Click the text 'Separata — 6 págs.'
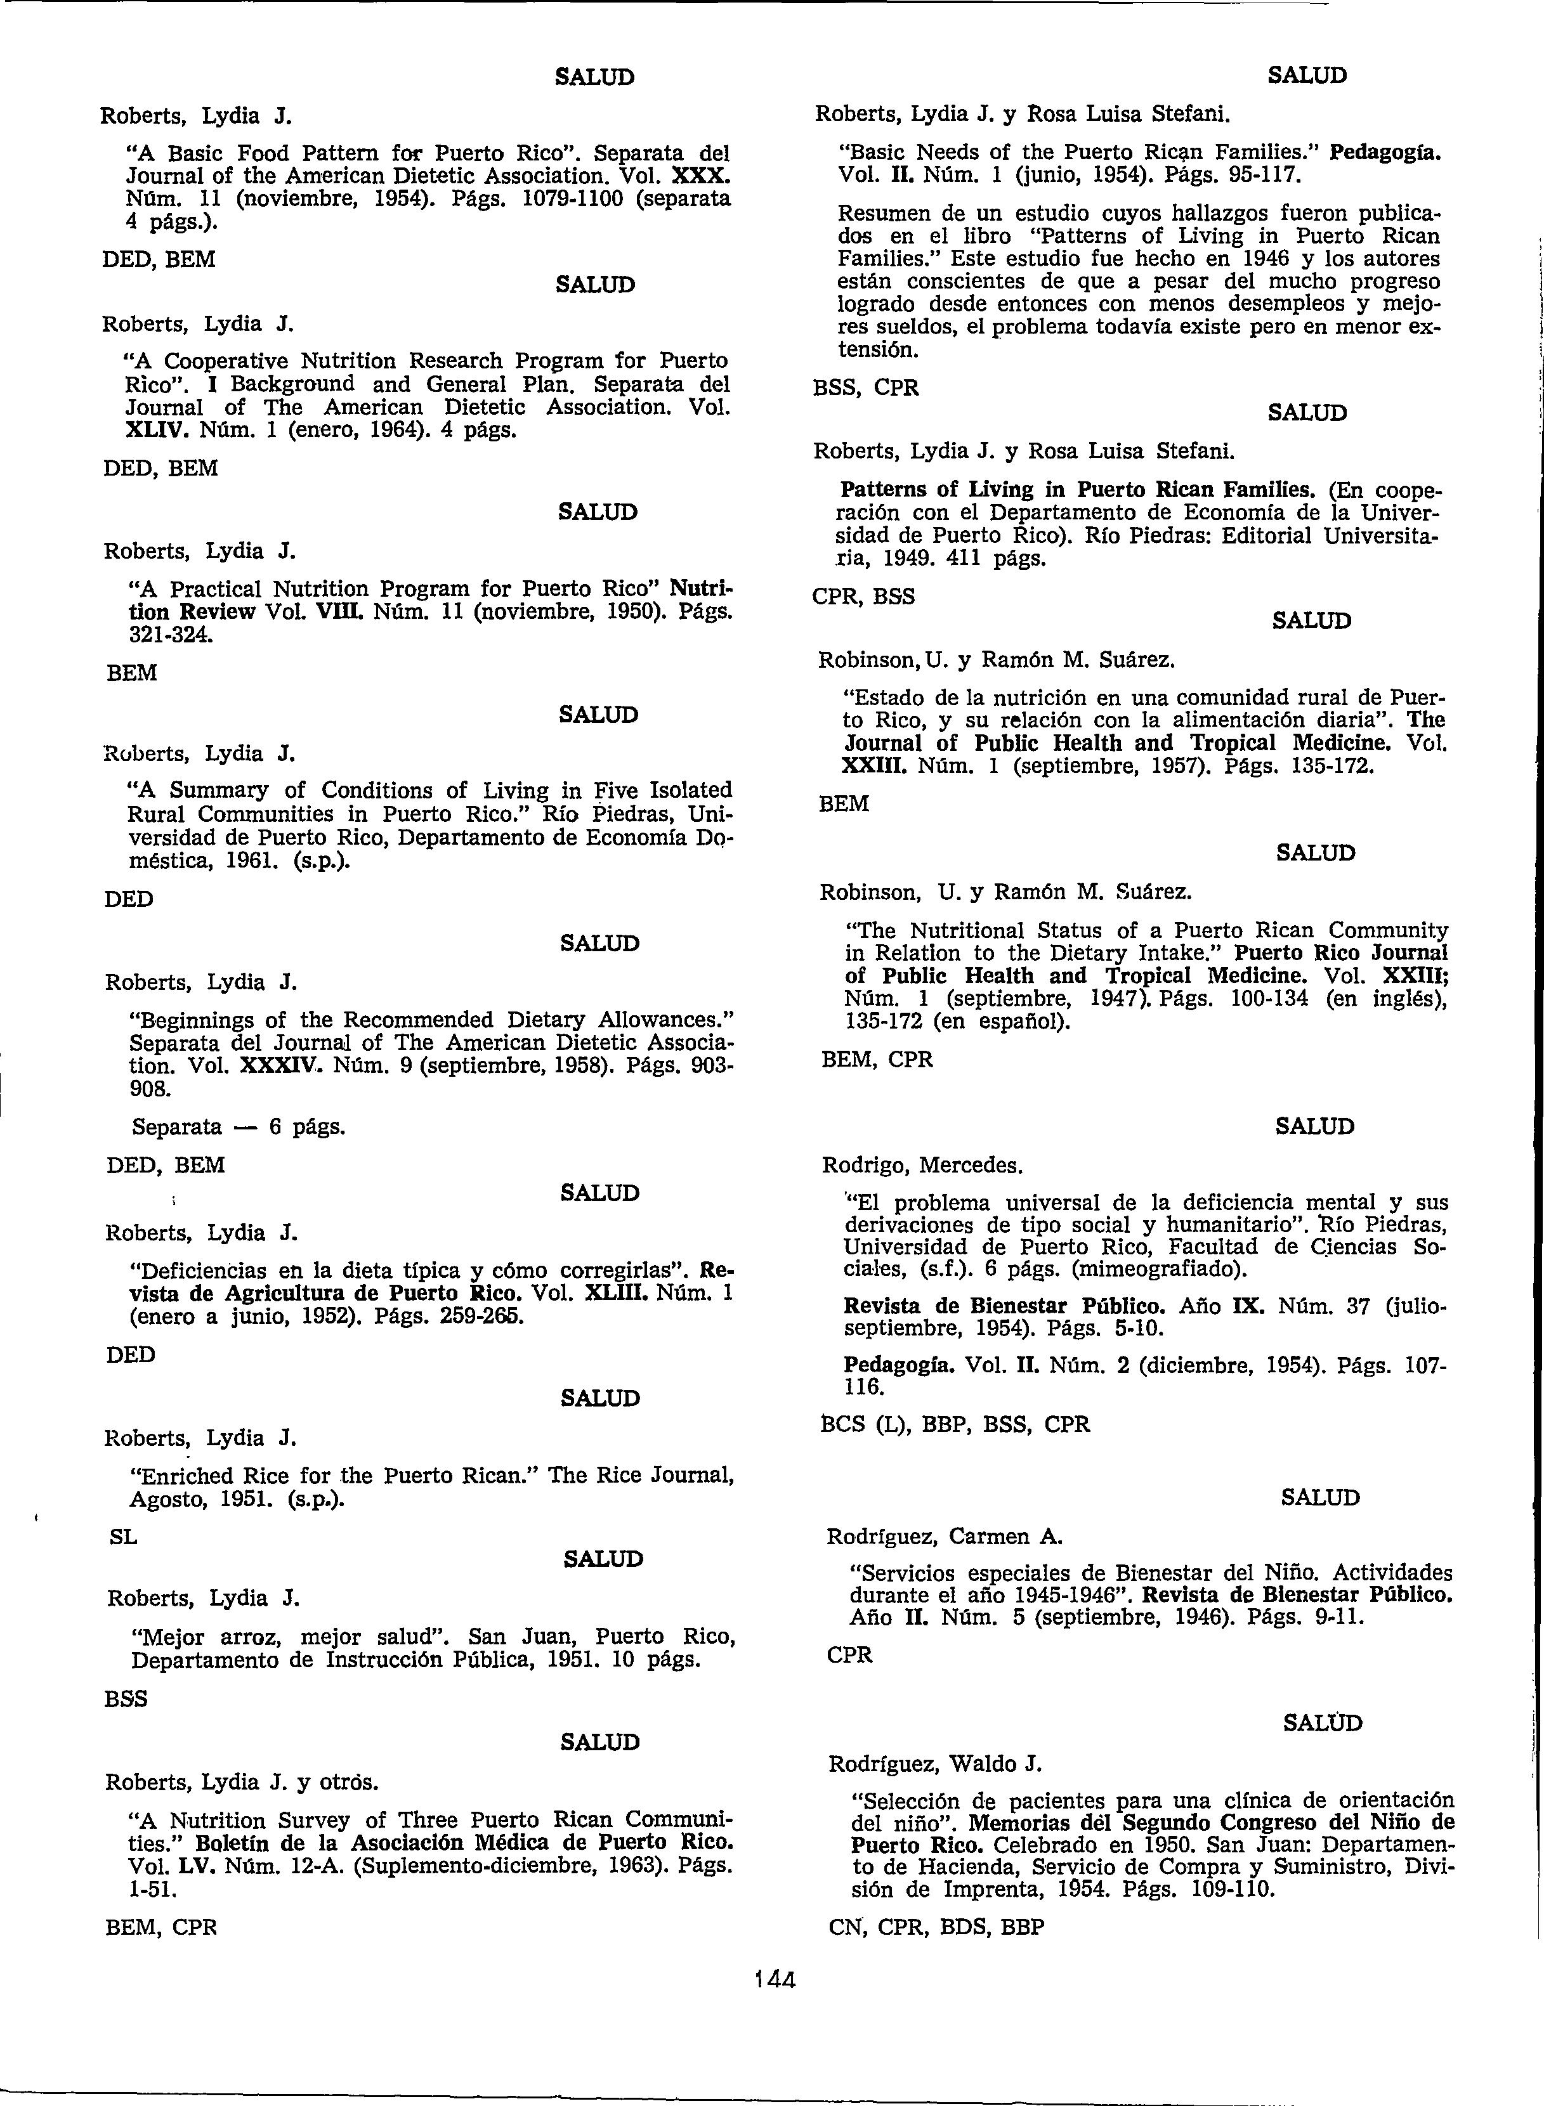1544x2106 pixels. click(239, 1127)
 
